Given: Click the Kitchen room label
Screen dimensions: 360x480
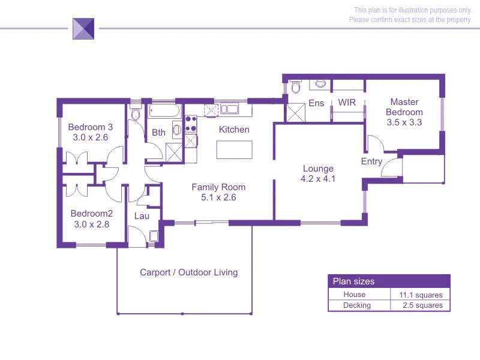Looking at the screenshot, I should click(234, 130).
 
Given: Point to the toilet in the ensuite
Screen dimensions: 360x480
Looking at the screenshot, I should click(295, 88).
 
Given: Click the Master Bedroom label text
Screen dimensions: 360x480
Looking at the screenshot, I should click(404, 107).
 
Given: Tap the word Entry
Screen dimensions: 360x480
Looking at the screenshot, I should click(371, 161).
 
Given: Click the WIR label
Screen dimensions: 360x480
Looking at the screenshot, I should click(347, 103).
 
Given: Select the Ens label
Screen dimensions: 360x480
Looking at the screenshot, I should click(316, 103).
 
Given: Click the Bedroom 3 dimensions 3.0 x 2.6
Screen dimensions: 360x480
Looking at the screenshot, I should click(90, 137).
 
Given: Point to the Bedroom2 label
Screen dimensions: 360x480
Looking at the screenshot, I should click(91, 214).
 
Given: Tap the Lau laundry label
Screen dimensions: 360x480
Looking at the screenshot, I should click(142, 216).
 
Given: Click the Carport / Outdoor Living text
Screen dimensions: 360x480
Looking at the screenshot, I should click(188, 272).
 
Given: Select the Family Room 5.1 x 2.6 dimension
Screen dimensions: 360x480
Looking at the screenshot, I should click(218, 197).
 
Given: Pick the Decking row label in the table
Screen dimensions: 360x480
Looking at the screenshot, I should click(357, 305).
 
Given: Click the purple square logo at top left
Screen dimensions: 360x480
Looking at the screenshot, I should click(83, 28).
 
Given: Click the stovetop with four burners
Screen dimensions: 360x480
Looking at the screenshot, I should click(191, 124).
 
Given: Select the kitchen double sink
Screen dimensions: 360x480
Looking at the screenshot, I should click(230, 109).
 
